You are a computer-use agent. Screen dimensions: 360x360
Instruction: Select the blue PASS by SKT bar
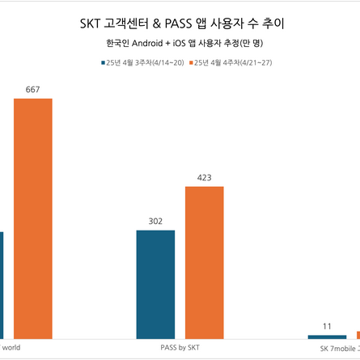(155, 284)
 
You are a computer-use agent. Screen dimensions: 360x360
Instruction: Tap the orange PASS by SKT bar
(205, 261)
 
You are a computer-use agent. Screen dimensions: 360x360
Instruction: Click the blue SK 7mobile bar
(327, 336)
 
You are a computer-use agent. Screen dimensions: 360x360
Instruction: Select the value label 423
(205, 177)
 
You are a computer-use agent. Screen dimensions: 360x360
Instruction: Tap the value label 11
(327, 326)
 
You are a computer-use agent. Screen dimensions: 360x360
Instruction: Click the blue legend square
(103, 61)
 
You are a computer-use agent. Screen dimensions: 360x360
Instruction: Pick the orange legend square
(191, 61)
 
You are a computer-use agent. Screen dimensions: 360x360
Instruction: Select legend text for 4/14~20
(146, 61)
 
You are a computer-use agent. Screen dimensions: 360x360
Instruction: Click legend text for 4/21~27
(234, 61)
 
